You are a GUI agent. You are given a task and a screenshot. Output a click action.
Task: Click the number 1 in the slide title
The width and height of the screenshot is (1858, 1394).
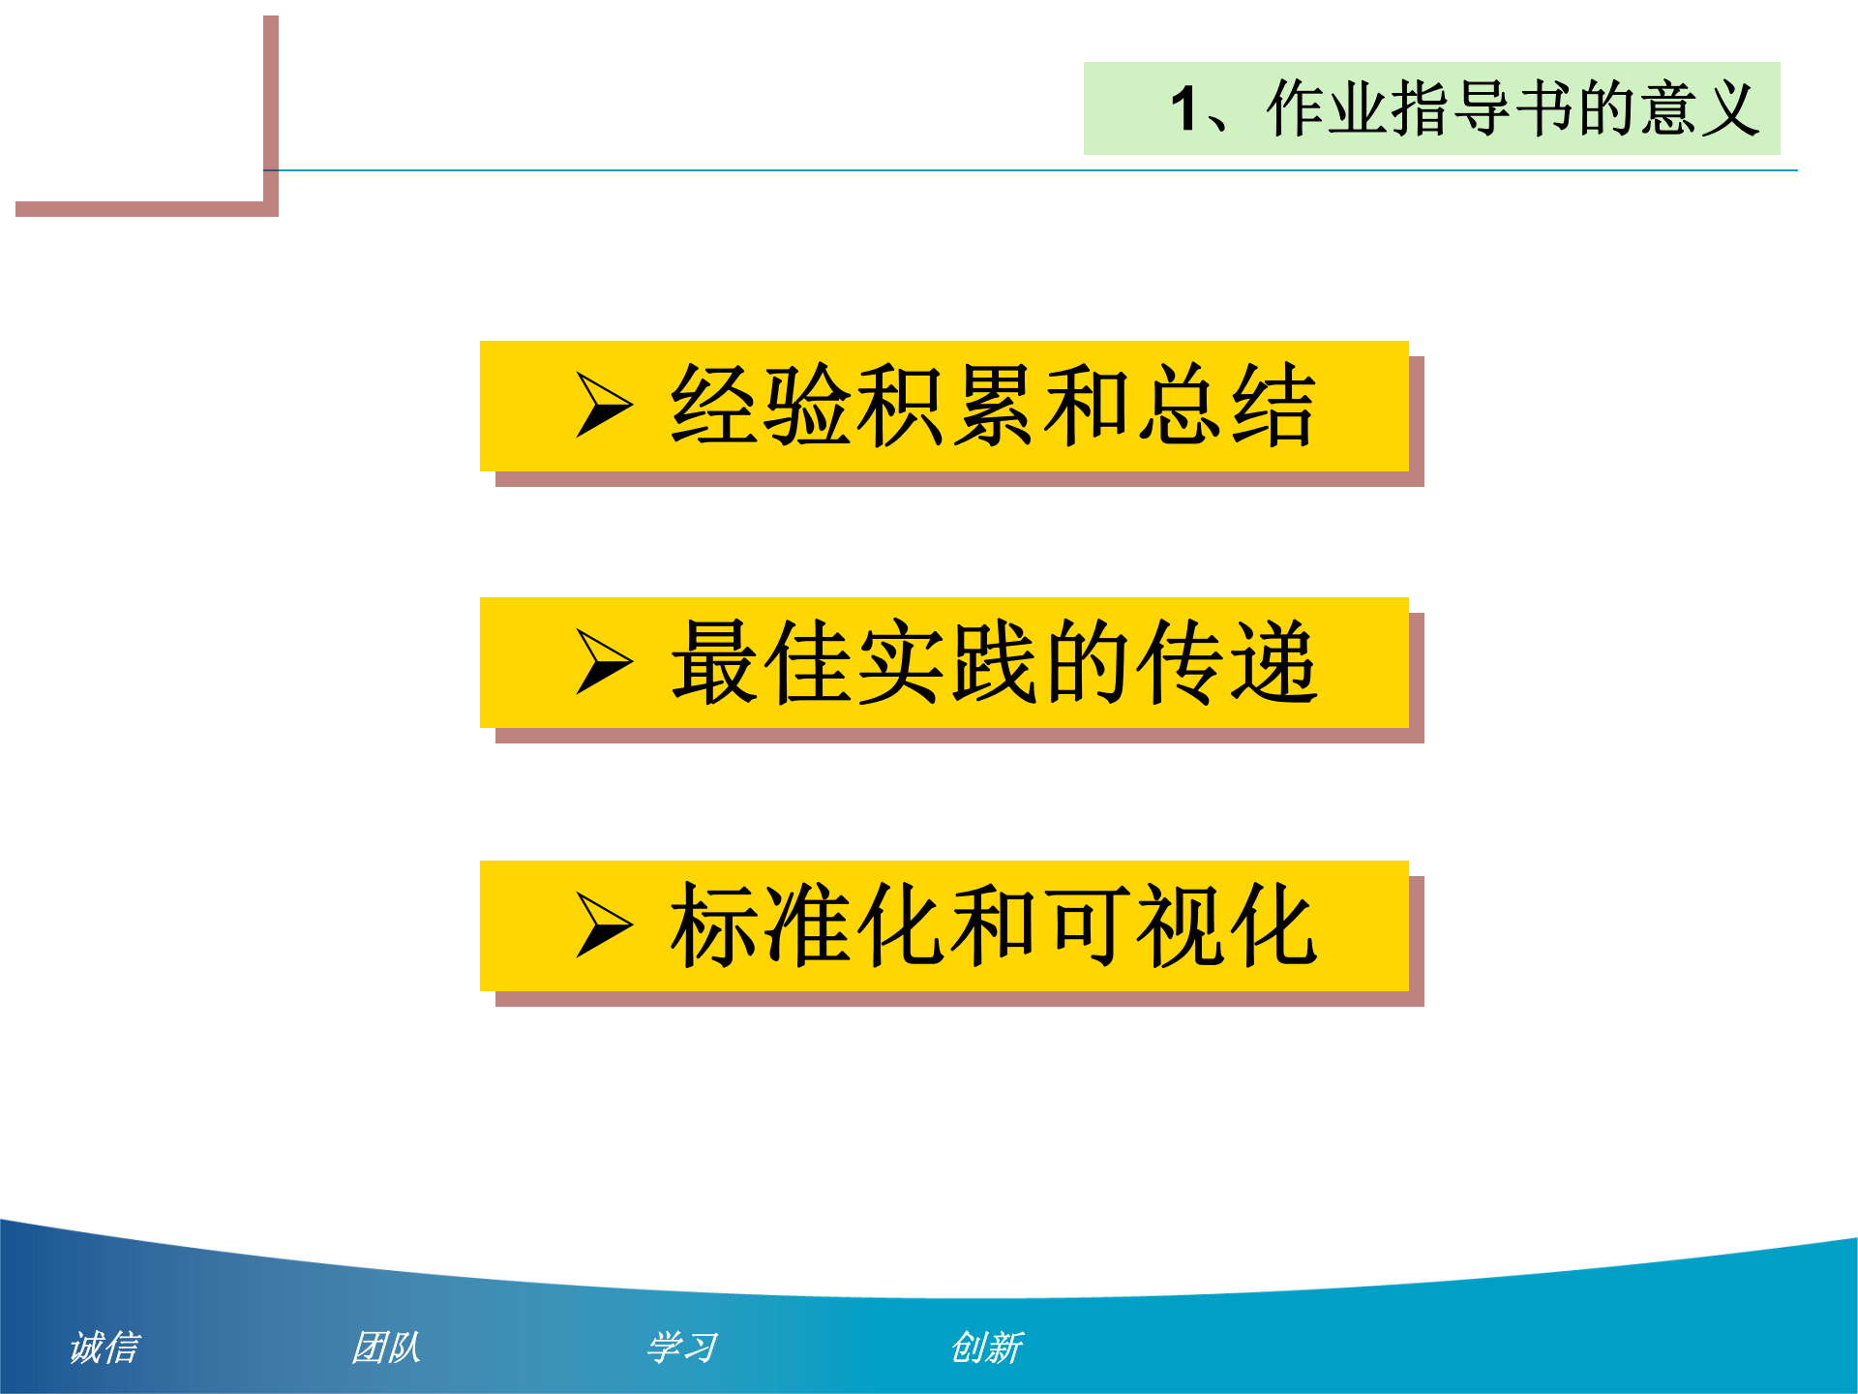click(x=1184, y=108)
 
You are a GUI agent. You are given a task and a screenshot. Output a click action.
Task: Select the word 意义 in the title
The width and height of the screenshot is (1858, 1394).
click(x=1699, y=108)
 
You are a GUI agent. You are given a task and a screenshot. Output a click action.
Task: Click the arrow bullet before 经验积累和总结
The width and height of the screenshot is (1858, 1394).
click(x=604, y=405)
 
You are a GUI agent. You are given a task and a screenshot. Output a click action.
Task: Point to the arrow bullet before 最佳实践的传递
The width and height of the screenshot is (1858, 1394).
click(x=604, y=662)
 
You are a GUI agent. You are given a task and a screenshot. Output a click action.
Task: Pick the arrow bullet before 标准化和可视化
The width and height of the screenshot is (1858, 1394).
click(x=604, y=925)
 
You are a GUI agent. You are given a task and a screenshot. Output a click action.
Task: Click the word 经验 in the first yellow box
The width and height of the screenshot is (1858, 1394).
click(x=761, y=405)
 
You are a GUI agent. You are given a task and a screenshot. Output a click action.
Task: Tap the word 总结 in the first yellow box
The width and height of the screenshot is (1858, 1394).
click(x=1227, y=405)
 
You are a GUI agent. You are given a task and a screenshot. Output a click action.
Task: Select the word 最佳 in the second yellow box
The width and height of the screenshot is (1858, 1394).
click(x=761, y=662)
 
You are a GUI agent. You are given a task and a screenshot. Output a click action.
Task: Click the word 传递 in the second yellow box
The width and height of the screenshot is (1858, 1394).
click(x=1227, y=662)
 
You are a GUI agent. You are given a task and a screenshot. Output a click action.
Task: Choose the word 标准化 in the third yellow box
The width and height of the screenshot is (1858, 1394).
click(x=807, y=925)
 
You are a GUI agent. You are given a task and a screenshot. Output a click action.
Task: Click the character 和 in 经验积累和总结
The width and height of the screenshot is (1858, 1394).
click(x=1087, y=405)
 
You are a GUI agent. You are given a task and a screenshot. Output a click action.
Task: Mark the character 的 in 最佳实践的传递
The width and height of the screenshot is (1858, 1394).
click(x=1087, y=662)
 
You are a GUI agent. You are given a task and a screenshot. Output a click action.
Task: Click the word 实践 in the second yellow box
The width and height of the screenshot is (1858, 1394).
click(x=946, y=662)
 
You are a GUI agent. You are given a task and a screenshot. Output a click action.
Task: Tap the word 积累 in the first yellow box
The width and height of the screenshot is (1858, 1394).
click(x=946, y=405)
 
